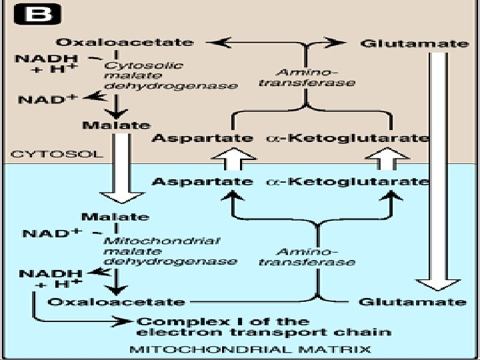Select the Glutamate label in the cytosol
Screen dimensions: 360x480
tap(414, 43)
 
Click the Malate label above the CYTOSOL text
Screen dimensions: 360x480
tap(115, 125)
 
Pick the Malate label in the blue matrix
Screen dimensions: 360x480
tap(115, 216)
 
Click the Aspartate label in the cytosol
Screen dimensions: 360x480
tap(203, 138)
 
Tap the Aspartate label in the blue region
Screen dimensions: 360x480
tap(203, 181)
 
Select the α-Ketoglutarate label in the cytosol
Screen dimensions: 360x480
tap(347, 138)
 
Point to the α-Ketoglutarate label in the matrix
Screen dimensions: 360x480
tap(347, 181)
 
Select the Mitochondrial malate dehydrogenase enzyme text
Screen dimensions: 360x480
tap(171, 250)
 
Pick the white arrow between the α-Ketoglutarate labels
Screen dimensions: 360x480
tap(394, 159)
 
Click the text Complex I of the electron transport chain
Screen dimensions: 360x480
tap(264, 327)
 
